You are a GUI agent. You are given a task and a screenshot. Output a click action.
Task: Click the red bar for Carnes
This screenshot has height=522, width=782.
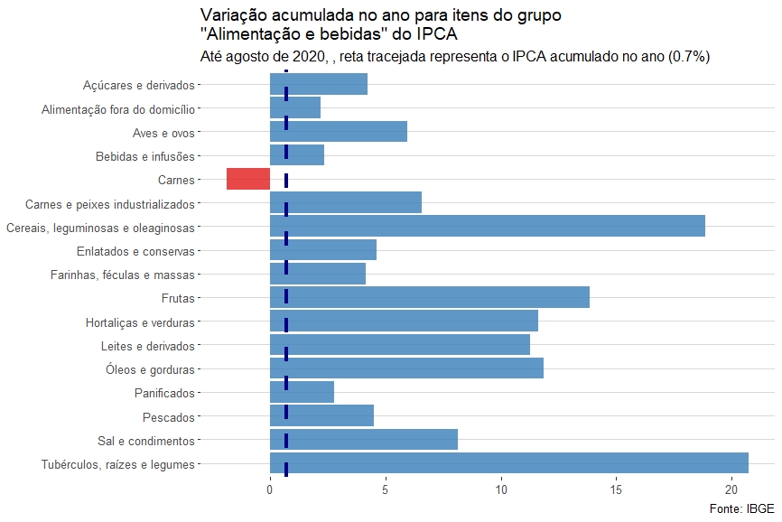pos(247,179)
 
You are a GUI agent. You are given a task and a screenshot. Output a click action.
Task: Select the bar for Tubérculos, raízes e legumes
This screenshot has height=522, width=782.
pos(508,463)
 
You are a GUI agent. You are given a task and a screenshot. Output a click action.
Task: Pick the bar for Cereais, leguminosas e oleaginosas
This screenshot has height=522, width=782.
pos(487,226)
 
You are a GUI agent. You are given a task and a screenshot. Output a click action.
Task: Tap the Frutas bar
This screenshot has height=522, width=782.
pos(429,297)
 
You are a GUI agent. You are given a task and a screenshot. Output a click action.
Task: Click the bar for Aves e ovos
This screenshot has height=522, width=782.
pos(338,131)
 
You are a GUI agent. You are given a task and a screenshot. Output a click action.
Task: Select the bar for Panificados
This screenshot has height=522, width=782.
pos(302,392)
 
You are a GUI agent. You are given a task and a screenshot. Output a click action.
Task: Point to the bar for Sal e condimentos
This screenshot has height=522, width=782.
pos(363,440)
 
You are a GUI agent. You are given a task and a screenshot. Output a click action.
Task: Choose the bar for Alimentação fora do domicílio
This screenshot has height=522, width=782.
pos(294,107)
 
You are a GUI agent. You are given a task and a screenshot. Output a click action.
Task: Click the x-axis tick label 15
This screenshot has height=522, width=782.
pos(616,490)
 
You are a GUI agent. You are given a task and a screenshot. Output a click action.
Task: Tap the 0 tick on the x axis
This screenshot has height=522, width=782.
pos(270,490)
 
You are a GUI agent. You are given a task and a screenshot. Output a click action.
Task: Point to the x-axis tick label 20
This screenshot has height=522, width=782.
pos(731,490)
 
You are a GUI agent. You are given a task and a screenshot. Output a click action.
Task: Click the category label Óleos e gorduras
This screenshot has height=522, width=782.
pos(150,368)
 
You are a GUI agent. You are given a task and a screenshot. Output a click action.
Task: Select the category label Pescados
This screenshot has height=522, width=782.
pos(168,416)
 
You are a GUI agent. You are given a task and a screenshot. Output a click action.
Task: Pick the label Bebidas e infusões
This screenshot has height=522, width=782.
pos(144,156)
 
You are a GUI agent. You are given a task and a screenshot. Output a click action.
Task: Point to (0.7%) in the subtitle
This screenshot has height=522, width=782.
pos(688,57)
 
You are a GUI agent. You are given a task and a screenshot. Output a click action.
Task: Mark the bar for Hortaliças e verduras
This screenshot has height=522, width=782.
pos(404,321)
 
